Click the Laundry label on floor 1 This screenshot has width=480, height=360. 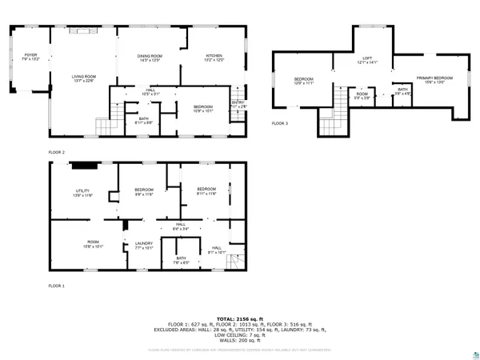[x=144, y=245]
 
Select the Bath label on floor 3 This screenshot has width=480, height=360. [x=402, y=90]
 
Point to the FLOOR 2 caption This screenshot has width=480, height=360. [x=57, y=151]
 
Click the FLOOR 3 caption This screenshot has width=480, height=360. [x=279, y=123]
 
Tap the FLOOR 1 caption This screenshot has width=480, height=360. [x=57, y=286]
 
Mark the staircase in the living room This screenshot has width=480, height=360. [x=106, y=126]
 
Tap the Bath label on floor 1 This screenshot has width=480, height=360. [x=181, y=259]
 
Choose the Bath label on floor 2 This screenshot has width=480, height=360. [x=144, y=121]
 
